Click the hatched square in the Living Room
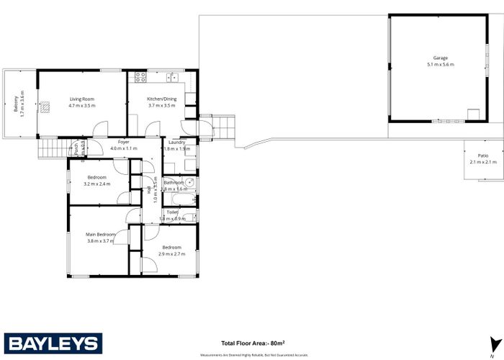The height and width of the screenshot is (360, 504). pyautogui.click(x=45, y=107)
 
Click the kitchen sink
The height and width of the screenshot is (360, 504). pyautogui.click(x=171, y=76)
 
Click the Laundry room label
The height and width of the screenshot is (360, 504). pyautogui.click(x=177, y=142)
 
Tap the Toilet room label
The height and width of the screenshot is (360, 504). pyautogui.click(x=172, y=212)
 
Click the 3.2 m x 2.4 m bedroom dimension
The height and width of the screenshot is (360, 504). pyautogui.click(x=97, y=184)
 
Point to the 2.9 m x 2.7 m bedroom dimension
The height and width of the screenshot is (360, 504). pyautogui.click(x=172, y=254)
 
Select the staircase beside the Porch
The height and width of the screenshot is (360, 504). pyautogui.click(x=53, y=150)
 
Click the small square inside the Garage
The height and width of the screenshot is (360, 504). pyautogui.click(x=472, y=114)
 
